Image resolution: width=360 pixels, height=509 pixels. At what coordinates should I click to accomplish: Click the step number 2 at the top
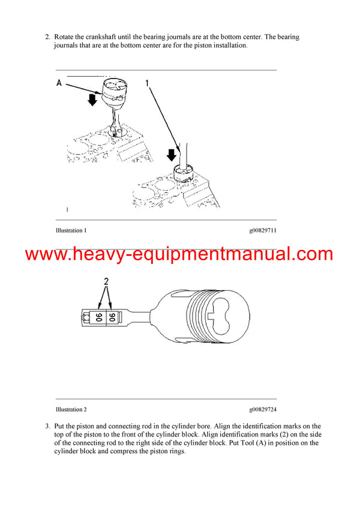point(47,37)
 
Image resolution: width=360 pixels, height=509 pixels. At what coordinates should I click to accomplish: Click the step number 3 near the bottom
point(47,426)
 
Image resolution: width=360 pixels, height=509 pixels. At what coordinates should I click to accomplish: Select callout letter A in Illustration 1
point(59,83)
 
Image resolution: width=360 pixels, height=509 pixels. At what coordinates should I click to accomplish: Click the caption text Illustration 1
point(71,230)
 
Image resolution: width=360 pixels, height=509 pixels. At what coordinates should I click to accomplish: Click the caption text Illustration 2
point(71,409)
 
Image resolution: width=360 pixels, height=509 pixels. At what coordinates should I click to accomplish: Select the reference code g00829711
point(263,230)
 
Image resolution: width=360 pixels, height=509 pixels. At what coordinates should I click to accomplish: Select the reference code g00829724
point(263,409)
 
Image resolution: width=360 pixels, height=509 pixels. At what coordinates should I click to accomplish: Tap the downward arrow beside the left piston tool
point(92,100)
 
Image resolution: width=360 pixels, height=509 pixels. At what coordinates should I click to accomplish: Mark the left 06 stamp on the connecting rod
point(98,315)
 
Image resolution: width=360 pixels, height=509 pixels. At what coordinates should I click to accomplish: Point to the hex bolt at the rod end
point(86,315)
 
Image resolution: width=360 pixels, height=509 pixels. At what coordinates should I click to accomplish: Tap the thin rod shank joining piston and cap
point(140,316)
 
